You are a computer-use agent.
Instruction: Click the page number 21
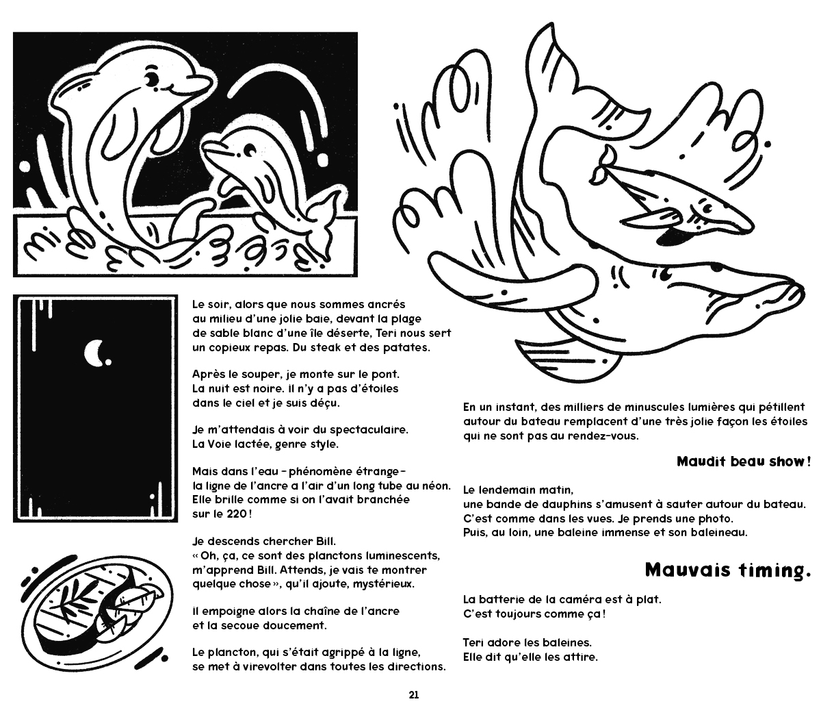(x=413, y=694)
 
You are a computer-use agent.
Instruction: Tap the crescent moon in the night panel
(x=94, y=353)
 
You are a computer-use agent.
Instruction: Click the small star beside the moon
(x=110, y=362)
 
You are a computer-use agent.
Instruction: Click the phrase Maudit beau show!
(x=743, y=461)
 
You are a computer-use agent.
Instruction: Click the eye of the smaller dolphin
(x=247, y=147)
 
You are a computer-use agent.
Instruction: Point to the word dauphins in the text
(x=547, y=504)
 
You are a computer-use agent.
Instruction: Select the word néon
(x=436, y=485)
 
